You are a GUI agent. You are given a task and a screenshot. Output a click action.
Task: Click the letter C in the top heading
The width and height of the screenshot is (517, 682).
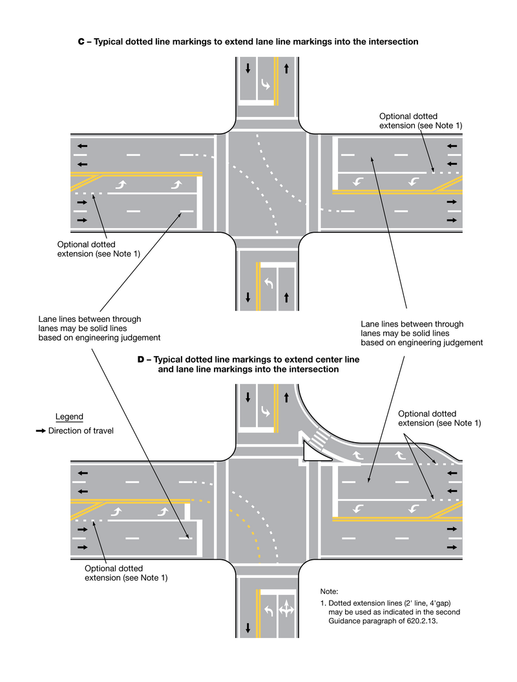(81, 41)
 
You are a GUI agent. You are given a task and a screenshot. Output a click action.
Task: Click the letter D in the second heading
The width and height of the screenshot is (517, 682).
(141, 359)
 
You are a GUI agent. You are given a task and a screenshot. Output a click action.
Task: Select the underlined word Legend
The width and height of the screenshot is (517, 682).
(69, 417)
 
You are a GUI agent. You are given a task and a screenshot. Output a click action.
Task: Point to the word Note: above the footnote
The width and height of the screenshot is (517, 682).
(329, 591)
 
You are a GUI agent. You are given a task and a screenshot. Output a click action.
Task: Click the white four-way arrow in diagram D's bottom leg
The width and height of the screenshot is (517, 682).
(286, 610)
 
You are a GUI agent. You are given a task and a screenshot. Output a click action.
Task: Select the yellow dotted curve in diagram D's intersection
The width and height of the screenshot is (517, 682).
(249, 530)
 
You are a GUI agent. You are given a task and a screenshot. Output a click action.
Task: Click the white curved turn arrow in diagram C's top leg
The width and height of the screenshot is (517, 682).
(266, 84)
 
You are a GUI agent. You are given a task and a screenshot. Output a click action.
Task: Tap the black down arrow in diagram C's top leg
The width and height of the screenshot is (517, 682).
(248, 67)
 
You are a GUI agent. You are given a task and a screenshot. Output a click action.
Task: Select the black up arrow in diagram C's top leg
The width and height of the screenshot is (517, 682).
(286, 67)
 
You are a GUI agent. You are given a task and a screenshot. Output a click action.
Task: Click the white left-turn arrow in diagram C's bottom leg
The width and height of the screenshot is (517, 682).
(268, 282)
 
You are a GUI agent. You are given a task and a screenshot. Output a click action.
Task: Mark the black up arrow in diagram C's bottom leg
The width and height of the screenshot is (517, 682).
(286, 297)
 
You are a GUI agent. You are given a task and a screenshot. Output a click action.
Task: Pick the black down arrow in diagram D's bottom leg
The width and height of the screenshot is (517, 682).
(248, 626)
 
